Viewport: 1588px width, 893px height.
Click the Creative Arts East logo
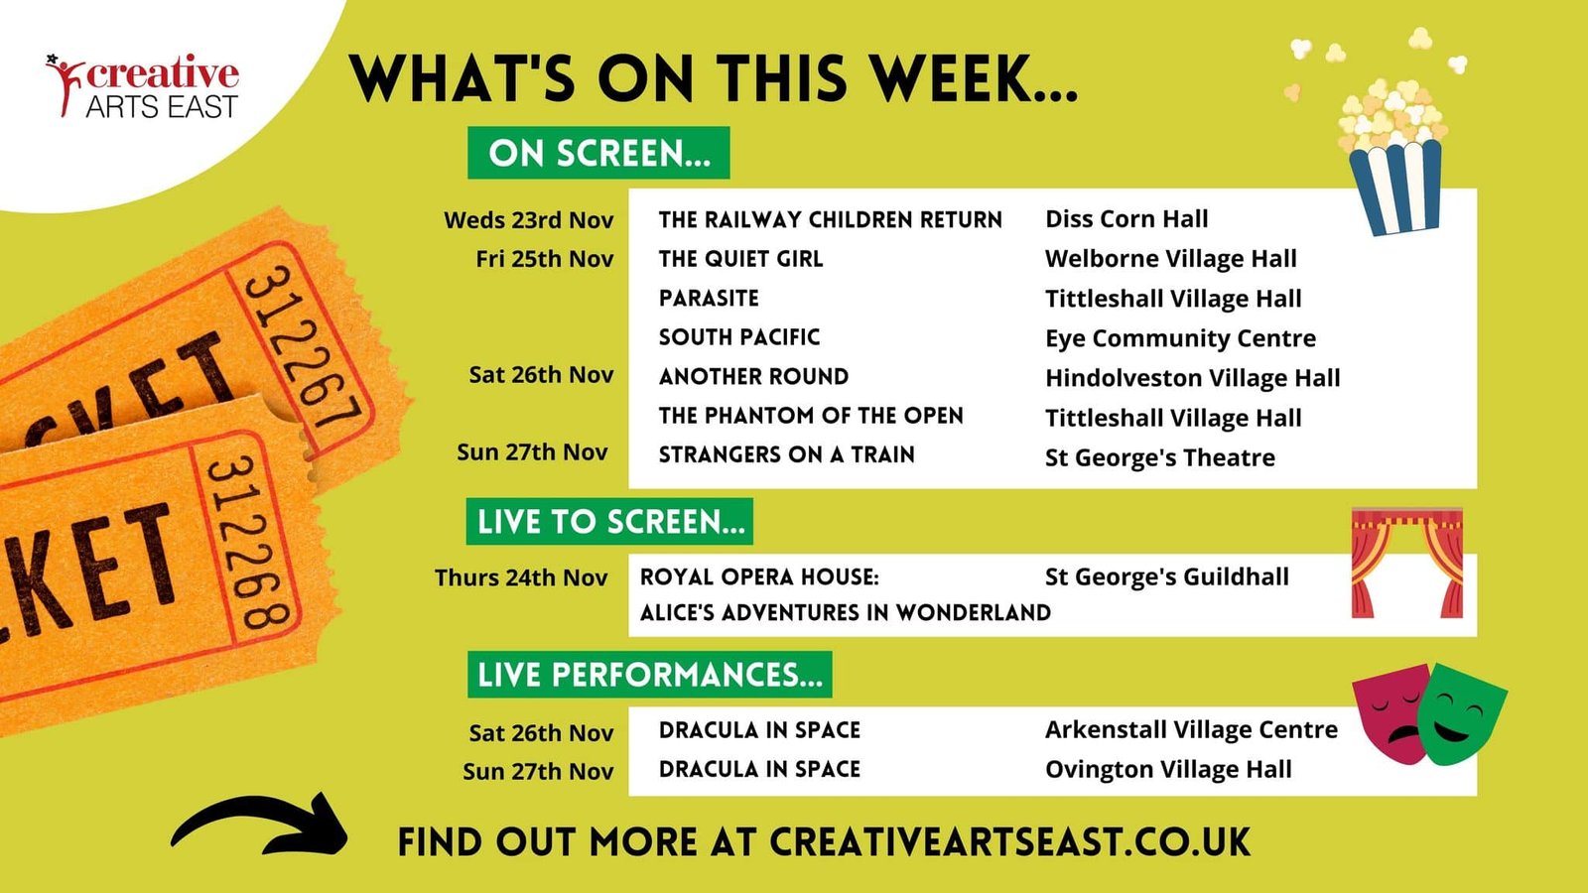pos(143,85)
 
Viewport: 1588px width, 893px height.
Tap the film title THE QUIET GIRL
pos(740,259)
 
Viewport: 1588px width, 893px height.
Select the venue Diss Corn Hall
pos(1126,219)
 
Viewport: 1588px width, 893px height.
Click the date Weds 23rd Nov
pos(529,220)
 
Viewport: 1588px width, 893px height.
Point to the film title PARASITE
pos(709,298)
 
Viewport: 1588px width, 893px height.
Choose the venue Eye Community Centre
pos(1180,338)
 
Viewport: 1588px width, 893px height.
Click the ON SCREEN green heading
pos(598,153)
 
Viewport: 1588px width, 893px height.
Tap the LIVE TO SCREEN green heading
pos(609,522)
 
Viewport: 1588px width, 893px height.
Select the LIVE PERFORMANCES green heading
pos(649,674)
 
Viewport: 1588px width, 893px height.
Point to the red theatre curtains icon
pos(1407,562)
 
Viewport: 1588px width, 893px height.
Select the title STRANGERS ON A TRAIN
pos(787,454)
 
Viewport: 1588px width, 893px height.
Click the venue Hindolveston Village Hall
pos(1193,378)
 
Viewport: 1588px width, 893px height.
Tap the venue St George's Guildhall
pos(1167,576)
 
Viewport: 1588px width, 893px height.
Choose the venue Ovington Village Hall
pos(1168,769)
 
